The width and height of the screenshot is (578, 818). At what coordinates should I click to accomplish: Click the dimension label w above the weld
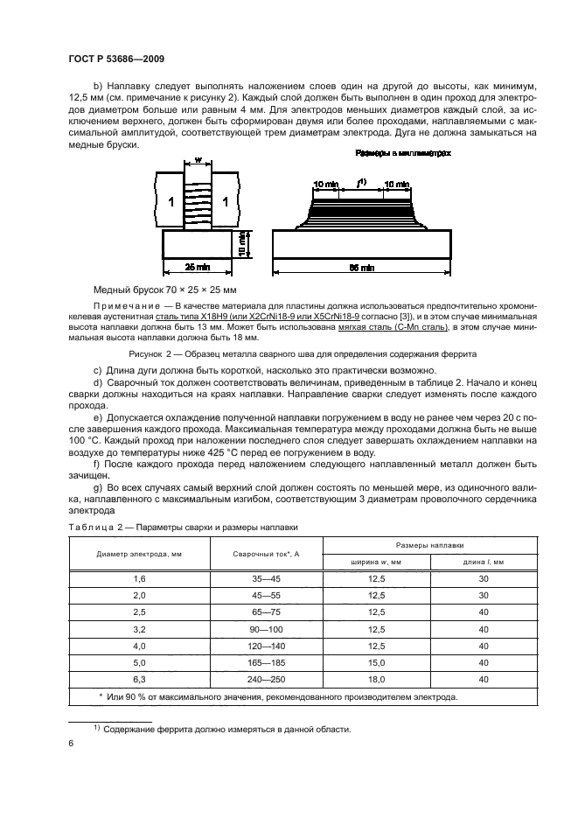[x=199, y=161]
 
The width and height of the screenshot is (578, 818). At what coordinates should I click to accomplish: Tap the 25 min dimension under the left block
[x=207, y=266]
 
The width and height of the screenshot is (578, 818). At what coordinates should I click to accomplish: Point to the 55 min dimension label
[x=362, y=266]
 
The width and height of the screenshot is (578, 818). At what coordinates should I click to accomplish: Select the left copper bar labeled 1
[x=171, y=201]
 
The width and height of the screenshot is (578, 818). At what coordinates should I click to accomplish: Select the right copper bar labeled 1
[x=226, y=201]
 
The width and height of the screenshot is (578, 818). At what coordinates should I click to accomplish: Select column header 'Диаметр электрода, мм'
[x=140, y=554]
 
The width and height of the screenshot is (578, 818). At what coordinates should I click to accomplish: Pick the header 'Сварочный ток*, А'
[x=267, y=554]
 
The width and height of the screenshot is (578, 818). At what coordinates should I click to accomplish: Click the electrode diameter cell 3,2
[x=140, y=628]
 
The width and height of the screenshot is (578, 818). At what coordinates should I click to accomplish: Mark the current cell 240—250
[x=267, y=678]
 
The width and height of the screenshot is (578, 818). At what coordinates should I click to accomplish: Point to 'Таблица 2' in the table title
[x=90, y=528]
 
